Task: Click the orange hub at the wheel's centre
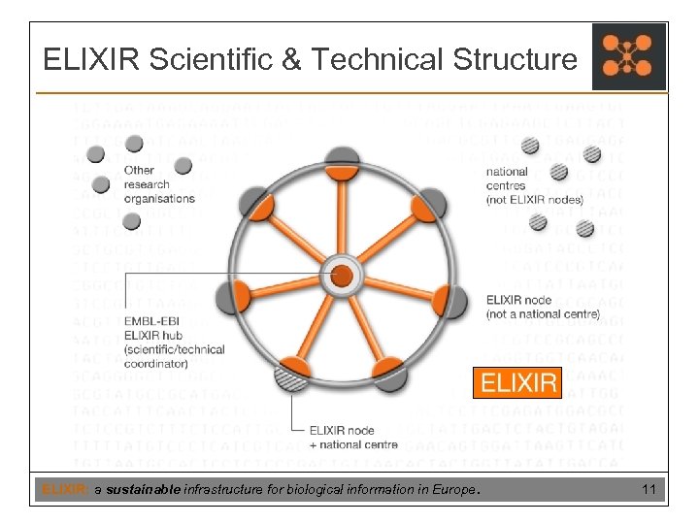point(342,276)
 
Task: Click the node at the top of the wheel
point(342,160)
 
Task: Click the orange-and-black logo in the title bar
point(629,56)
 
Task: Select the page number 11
point(649,491)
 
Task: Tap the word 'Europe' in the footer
point(455,491)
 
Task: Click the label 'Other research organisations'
point(159,184)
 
